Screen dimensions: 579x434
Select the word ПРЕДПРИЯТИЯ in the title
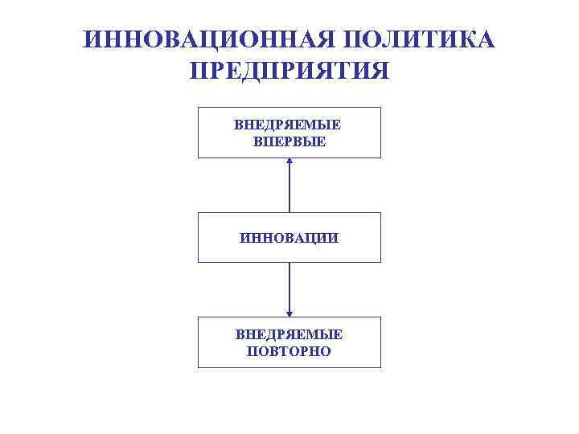coord(289,70)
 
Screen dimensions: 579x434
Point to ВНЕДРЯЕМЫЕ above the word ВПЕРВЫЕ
coord(289,125)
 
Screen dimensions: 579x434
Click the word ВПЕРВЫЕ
coord(289,141)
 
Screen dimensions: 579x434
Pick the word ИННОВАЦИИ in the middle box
coord(289,238)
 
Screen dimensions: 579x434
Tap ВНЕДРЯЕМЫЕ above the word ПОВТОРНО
coord(289,334)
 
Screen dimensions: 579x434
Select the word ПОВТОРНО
coord(289,351)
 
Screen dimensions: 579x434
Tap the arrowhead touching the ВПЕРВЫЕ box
coord(289,162)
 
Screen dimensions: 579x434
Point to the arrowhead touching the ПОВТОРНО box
coord(289,313)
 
